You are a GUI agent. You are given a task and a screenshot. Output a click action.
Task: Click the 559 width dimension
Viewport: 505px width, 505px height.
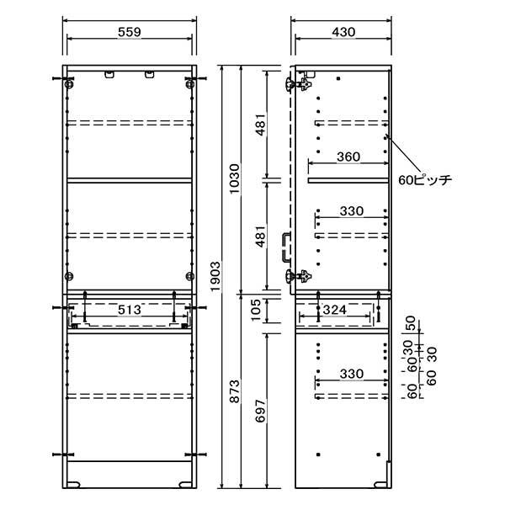130,32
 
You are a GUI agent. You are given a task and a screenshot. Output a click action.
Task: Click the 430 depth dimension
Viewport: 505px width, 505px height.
343,32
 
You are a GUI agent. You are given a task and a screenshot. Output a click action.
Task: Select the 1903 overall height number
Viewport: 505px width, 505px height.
215,276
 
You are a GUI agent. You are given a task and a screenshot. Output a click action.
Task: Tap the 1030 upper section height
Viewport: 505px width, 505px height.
235,178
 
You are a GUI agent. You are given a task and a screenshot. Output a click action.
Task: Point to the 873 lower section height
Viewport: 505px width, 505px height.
235,391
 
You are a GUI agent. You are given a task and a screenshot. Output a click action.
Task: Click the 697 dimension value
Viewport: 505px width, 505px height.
260,411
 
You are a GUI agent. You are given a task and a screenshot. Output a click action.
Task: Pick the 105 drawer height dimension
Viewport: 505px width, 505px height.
256,310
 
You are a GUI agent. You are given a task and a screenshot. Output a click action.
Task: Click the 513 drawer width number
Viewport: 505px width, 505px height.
130,310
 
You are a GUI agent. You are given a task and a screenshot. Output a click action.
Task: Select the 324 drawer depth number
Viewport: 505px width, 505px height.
335,310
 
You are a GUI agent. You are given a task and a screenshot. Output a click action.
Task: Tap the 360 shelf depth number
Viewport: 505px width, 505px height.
348,157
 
